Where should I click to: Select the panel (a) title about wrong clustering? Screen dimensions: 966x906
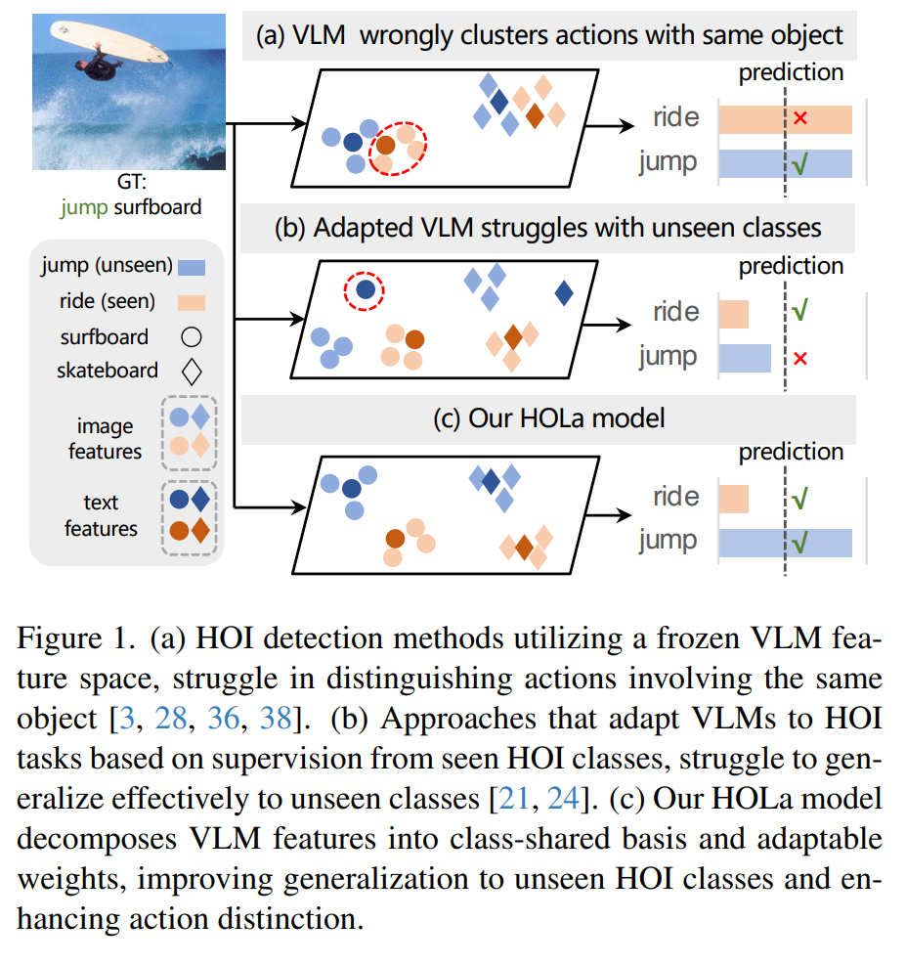[x=548, y=37]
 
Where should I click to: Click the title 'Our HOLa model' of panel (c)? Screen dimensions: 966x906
[x=548, y=418]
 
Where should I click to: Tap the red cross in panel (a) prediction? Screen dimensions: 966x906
[x=800, y=118]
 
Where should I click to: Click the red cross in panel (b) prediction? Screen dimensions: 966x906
[x=800, y=359]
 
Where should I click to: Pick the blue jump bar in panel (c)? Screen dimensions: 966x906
[x=785, y=542]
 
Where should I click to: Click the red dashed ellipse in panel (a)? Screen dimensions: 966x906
[x=399, y=148]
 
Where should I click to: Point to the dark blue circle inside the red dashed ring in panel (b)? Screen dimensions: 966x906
[x=364, y=289]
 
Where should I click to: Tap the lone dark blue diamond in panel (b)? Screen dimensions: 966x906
[x=564, y=292]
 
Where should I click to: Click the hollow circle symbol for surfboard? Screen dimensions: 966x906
[x=191, y=337]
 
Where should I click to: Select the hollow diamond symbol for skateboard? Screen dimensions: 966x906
[x=191, y=372]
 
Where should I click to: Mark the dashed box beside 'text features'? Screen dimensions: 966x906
[x=189, y=515]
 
